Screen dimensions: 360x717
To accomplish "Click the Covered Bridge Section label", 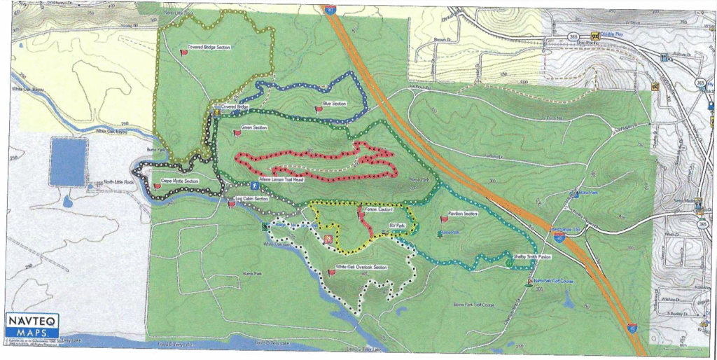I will (x=209, y=47).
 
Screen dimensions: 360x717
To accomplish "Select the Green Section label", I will (x=254, y=128).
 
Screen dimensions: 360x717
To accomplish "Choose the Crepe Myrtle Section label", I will (x=180, y=181).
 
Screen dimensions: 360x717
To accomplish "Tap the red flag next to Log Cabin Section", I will (x=231, y=205).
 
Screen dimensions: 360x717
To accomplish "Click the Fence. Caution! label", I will (x=377, y=209).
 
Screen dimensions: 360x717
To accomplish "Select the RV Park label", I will (x=398, y=225).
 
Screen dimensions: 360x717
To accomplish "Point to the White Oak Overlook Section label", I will (x=361, y=268).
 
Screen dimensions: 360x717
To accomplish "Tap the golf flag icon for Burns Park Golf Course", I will (x=529, y=282).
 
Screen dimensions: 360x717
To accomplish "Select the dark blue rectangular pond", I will (x=69, y=162).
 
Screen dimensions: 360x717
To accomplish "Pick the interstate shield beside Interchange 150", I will (x=559, y=238).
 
